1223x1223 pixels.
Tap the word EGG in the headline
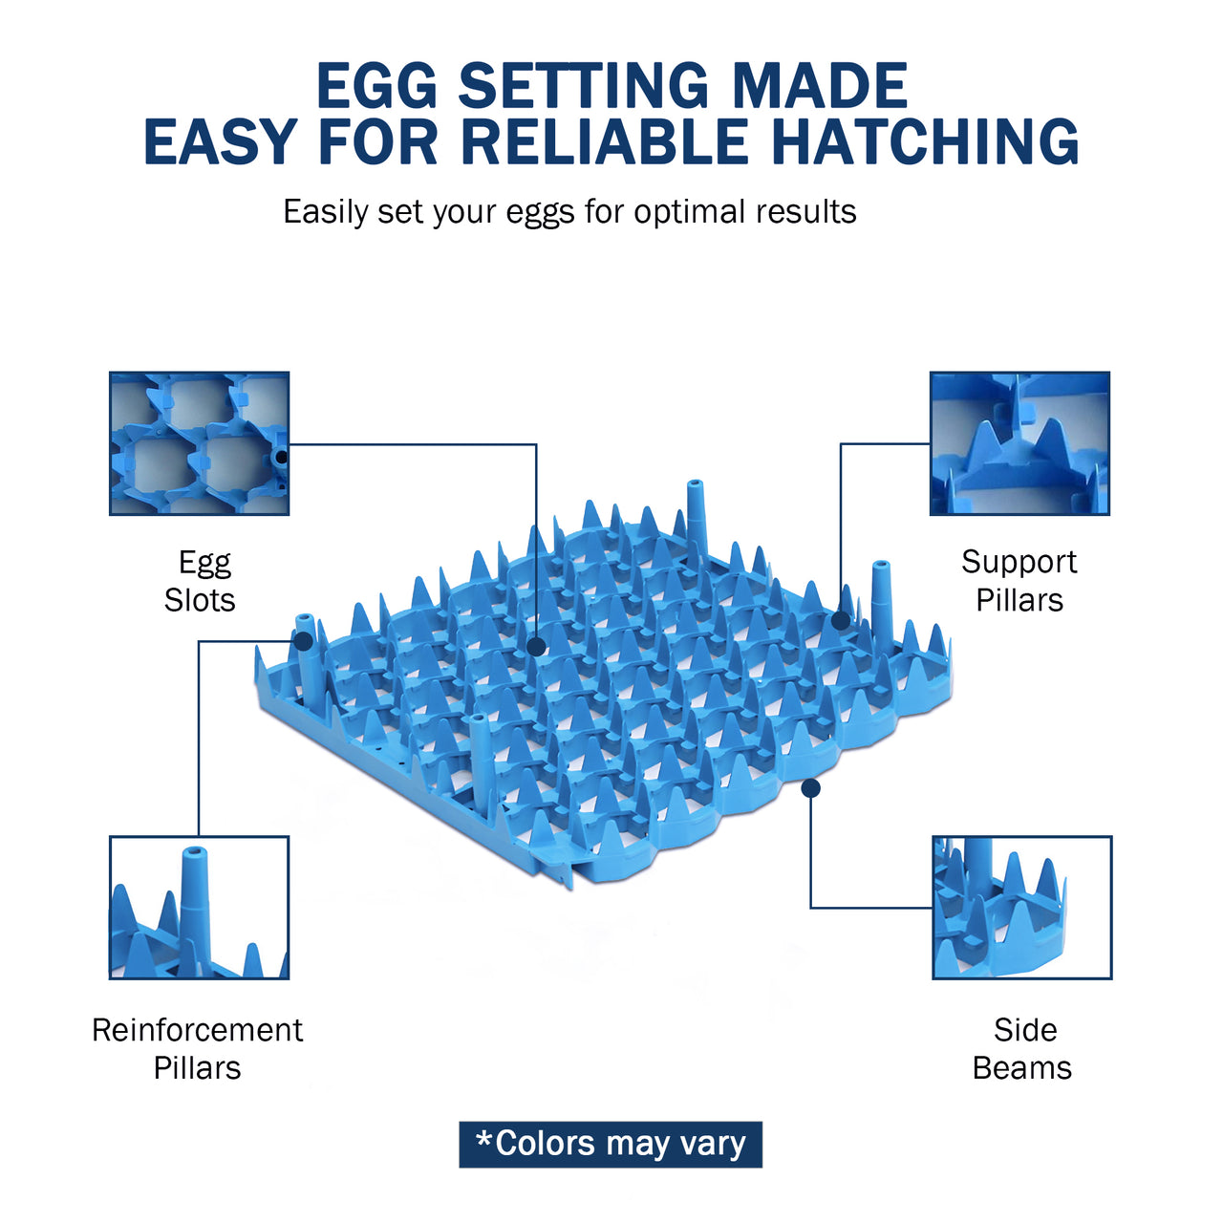coord(377,85)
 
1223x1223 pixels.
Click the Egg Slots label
coord(200,581)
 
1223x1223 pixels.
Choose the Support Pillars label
coord(1019,581)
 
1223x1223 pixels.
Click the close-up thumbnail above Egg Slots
coord(200,443)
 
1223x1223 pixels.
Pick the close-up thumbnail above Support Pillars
coord(1019,443)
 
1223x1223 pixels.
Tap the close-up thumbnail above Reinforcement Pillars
coord(200,908)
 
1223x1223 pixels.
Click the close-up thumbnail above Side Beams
coord(1021,908)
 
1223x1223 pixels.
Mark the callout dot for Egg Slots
coord(536,647)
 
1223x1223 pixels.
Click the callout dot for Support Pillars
coord(841,621)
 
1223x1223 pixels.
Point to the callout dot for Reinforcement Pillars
coord(304,641)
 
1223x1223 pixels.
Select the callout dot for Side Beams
coord(810,789)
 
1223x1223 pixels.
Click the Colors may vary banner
coord(611,1145)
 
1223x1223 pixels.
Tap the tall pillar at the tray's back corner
coord(697,522)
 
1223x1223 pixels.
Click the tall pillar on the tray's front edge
coord(481,762)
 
